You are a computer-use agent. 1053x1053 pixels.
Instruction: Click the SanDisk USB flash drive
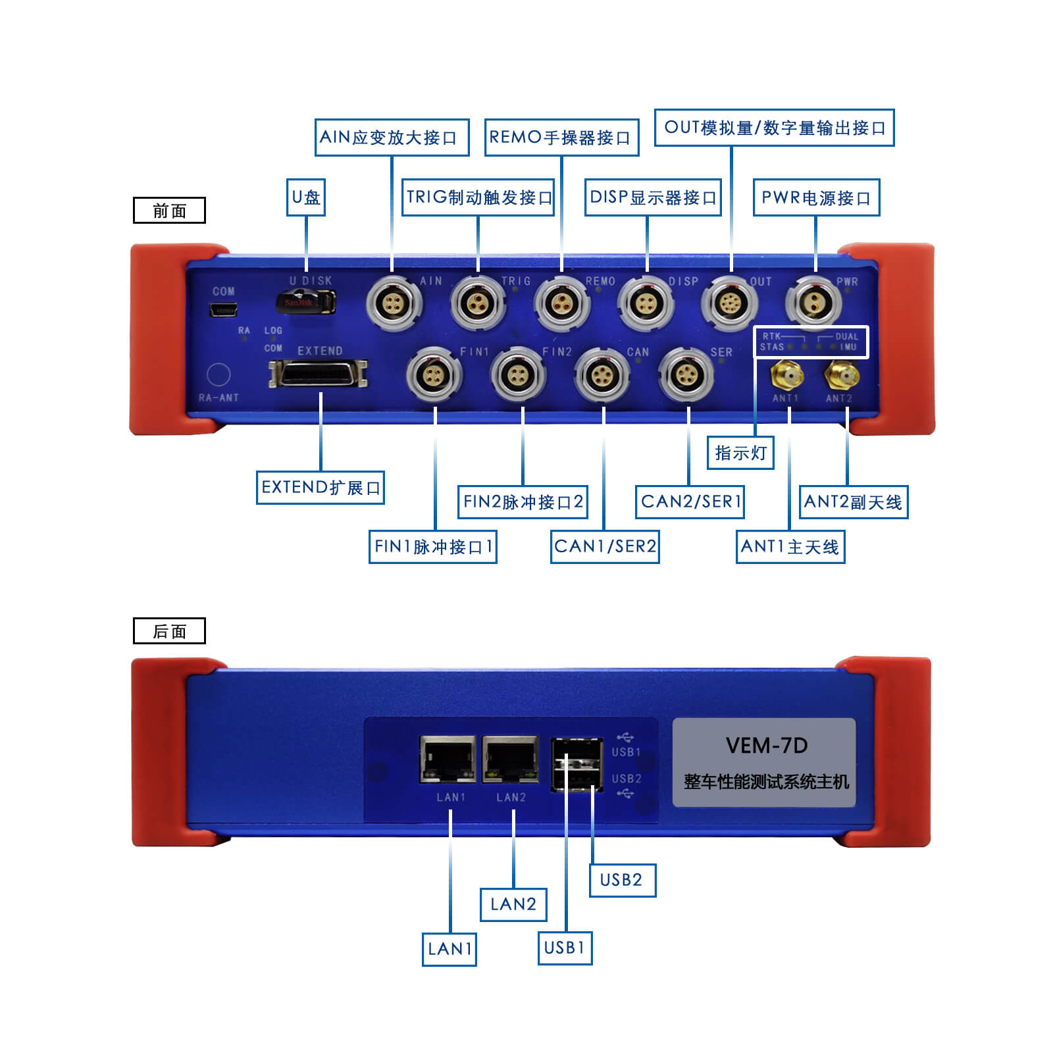coord(305,302)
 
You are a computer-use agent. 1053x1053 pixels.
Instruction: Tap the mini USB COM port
coord(223,309)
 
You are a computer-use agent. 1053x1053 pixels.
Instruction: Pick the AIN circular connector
coord(393,303)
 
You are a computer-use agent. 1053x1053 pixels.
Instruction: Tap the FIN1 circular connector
coord(434,374)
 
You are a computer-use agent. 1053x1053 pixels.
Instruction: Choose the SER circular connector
coord(686,374)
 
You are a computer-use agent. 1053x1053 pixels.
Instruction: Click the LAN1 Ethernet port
coord(448,759)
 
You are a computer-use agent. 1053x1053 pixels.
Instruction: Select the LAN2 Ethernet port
coord(511,759)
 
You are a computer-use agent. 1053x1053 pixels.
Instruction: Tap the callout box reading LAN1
coord(449,948)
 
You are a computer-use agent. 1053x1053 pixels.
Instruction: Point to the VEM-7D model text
coord(766,746)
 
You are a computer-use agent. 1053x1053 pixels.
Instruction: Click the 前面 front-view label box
coord(169,211)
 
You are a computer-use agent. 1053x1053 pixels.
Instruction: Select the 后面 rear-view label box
coord(169,631)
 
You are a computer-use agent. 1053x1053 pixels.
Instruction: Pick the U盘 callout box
coord(306,197)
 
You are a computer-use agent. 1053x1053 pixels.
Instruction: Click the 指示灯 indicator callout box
coord(740,453)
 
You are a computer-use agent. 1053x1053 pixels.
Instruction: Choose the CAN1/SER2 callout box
coord(605,546)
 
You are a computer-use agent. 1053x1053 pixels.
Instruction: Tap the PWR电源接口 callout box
coord(816,197)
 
